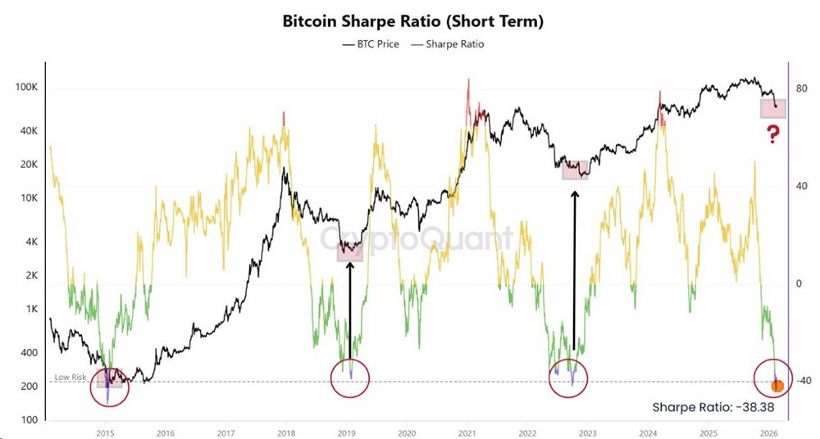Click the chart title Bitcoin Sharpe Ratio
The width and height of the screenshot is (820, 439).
click(412, 20)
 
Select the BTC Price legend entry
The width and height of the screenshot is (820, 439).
click(370, 43)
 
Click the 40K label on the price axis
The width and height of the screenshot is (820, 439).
click(30, 131)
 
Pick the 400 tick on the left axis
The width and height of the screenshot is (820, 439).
click(30, 353)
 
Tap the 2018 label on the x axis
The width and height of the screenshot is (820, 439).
click(285, 432)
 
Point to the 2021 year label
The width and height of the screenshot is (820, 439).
click(467, 432)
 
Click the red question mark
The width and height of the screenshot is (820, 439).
click(772, 135)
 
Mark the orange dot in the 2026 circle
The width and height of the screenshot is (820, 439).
click(777, 386)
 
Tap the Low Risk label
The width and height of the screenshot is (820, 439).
click(71, 378)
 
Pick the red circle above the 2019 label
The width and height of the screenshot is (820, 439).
click(350, 378)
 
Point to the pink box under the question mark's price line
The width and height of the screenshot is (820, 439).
click(772, 108)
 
